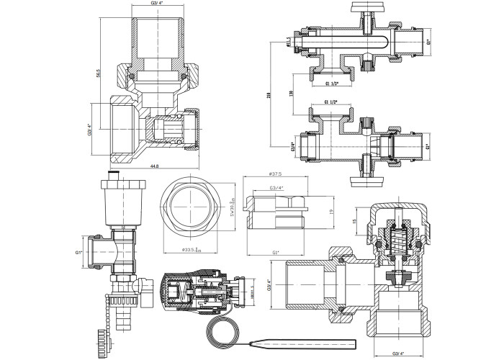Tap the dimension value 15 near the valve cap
point(355,222)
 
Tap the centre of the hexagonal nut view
point(192,212)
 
